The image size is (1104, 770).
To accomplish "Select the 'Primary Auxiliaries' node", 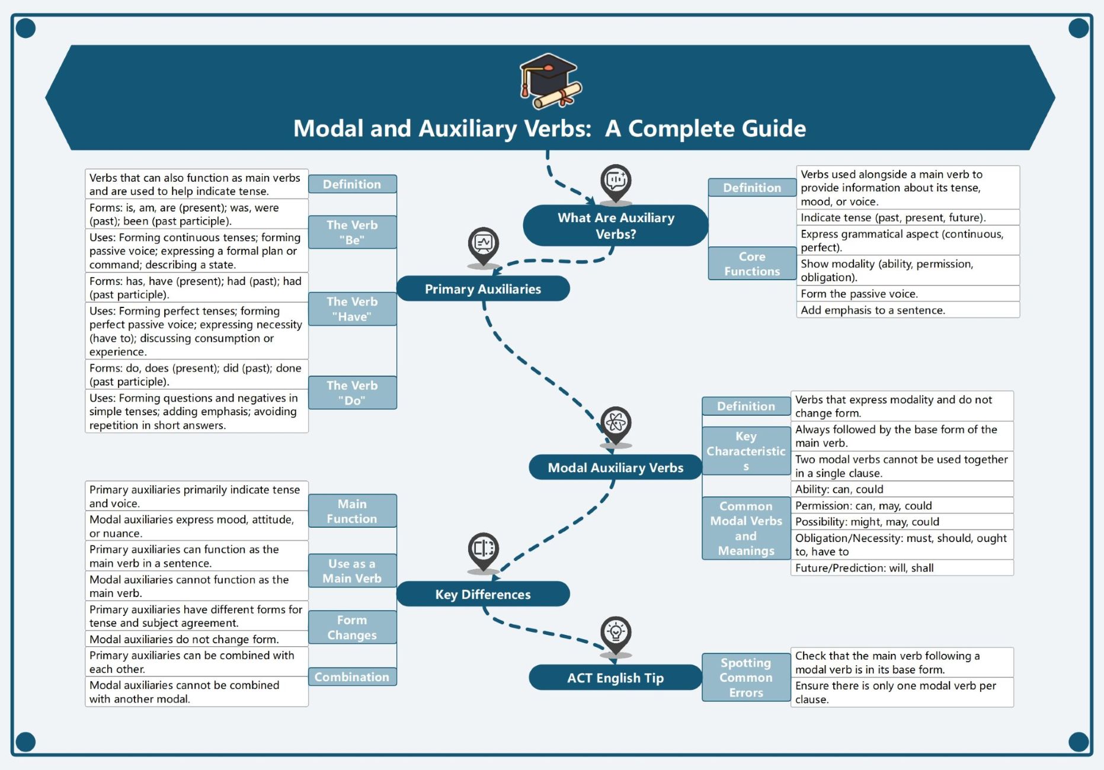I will [483, 289].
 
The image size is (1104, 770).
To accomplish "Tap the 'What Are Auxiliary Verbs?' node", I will [616, 226].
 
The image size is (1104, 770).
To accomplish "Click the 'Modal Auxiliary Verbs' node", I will [615, 468].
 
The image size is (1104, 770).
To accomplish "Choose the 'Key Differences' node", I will [483, 594].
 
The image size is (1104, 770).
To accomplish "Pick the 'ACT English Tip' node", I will [615, 678].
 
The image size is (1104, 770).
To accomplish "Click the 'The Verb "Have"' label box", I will [352, 309].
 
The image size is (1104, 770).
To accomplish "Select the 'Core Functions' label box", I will [751, 264].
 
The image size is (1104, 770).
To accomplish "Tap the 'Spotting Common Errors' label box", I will [745, 678].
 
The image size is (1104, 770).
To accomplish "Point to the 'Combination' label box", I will [352, 677].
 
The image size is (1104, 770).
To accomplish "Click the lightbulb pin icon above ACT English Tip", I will [616, 633].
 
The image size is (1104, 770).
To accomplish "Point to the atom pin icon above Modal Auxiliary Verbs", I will [616, 422].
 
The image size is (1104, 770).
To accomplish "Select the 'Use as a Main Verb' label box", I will [352, 571].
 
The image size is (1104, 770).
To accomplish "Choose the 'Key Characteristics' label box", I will [745, 451].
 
